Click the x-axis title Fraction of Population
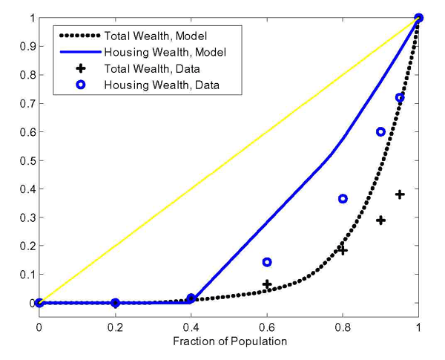[x=228, y=341]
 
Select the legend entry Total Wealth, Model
[x=144, y=36]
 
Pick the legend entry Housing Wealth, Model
[x=148, y=53]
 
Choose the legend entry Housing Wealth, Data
[x=145, y=85]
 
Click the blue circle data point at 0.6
[x=267, y=262]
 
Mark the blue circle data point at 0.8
[x=343, y=199]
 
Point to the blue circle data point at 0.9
[x=380, y=132]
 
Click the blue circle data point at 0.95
[x=400, y=98]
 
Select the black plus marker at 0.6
[x=267, y=284]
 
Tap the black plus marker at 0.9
[x=380, y=220]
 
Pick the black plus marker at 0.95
[x=400, y=194]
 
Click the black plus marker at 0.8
[x=343, y=250]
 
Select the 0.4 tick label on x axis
[x=191, y=324]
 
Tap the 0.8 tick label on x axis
[x=343, y=324]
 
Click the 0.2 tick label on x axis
[x=115, y=324]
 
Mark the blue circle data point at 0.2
[x=115, y=303]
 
